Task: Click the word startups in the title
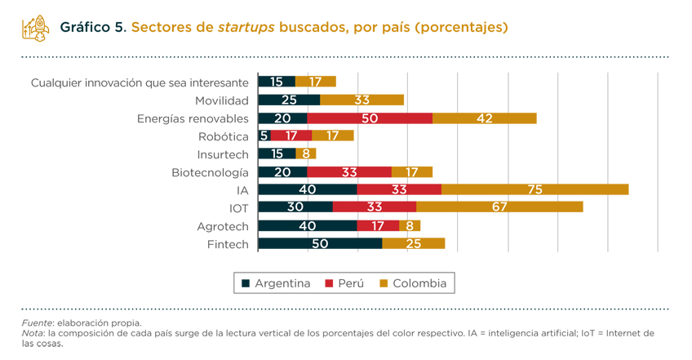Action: [x=246, y=28]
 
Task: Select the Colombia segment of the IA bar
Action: [x=535, y=189]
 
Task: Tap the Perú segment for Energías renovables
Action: [x=369, y=118]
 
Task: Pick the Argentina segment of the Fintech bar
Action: [x=320, y=243]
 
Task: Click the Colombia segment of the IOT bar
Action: [x=499, y=207]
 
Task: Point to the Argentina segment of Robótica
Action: [x=264, y=136]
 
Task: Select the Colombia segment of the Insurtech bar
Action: [x=306, y=153]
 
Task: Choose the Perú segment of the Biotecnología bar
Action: [x=349, y=171]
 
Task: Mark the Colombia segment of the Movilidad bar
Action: [x=362, y=100]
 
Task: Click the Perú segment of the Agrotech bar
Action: [x=378, y=225]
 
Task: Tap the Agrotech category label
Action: [x=223, y=226]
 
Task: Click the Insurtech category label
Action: [x=223, y=154]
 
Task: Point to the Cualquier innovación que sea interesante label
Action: [x=140, y=82]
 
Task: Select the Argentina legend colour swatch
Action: [x=245, y=284]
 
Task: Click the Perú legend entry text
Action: [x=351, y=284]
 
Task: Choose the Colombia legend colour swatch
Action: [x=384, y=284]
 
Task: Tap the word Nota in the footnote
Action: [x=33, y=333]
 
